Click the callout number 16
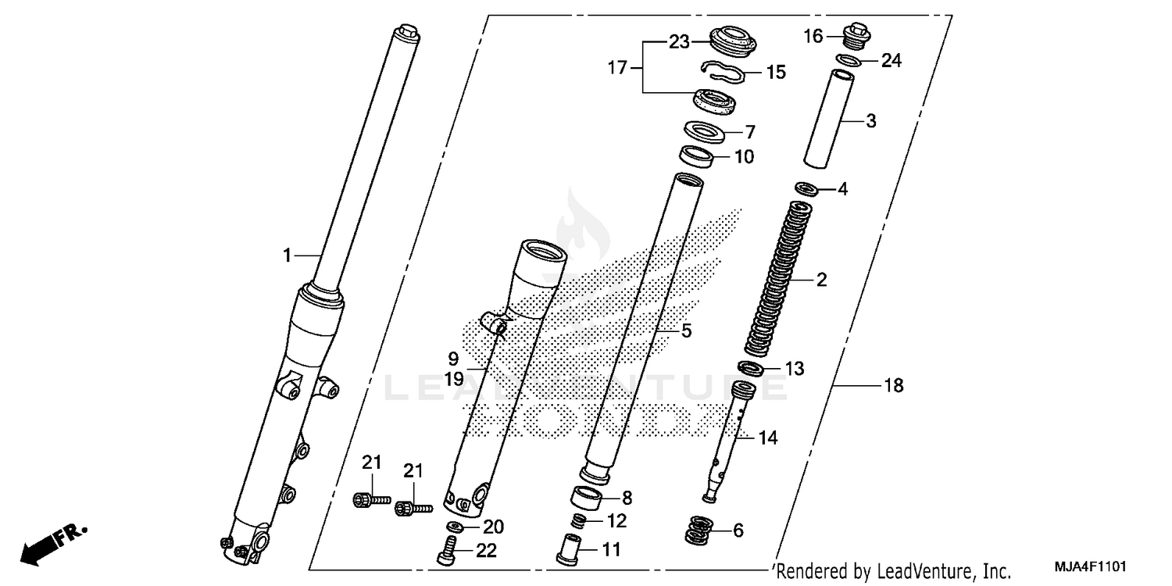pos(813,36)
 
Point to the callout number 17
pos(617,68)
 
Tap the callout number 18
pos(893,385)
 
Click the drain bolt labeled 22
pos(446,552)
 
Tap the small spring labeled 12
pos(577,520)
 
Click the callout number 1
pos(287,255)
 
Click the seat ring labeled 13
pos(752,368)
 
